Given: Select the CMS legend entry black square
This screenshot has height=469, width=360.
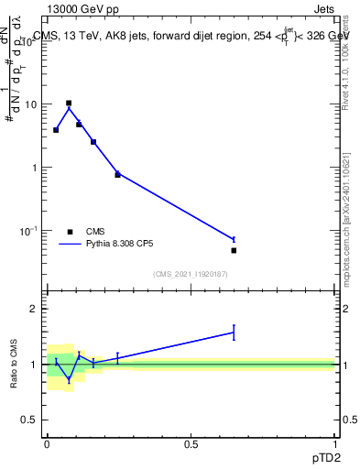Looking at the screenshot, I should coord(69,232).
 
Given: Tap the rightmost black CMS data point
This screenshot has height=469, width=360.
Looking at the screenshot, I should coord(234,250).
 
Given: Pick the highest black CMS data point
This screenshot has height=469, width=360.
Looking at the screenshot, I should coord(69,104).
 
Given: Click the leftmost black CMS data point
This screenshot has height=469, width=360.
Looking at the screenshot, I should coord(56,130).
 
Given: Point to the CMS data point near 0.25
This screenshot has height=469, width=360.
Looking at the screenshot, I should coord(117,174).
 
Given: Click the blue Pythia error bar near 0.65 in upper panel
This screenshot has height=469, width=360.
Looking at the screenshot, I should coord(234,239).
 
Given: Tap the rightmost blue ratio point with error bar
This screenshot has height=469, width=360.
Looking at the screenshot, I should coord(234,333).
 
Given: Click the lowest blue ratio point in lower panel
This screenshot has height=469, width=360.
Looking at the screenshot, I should coord(69,378).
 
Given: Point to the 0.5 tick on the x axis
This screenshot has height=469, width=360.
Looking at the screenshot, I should coord(191,443).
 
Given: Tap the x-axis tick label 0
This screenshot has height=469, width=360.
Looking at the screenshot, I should coord(47,443).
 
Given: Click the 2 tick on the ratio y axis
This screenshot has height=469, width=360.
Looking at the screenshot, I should coord(34,309).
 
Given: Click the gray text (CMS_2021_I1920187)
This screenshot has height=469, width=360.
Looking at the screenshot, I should coord(191,274).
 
